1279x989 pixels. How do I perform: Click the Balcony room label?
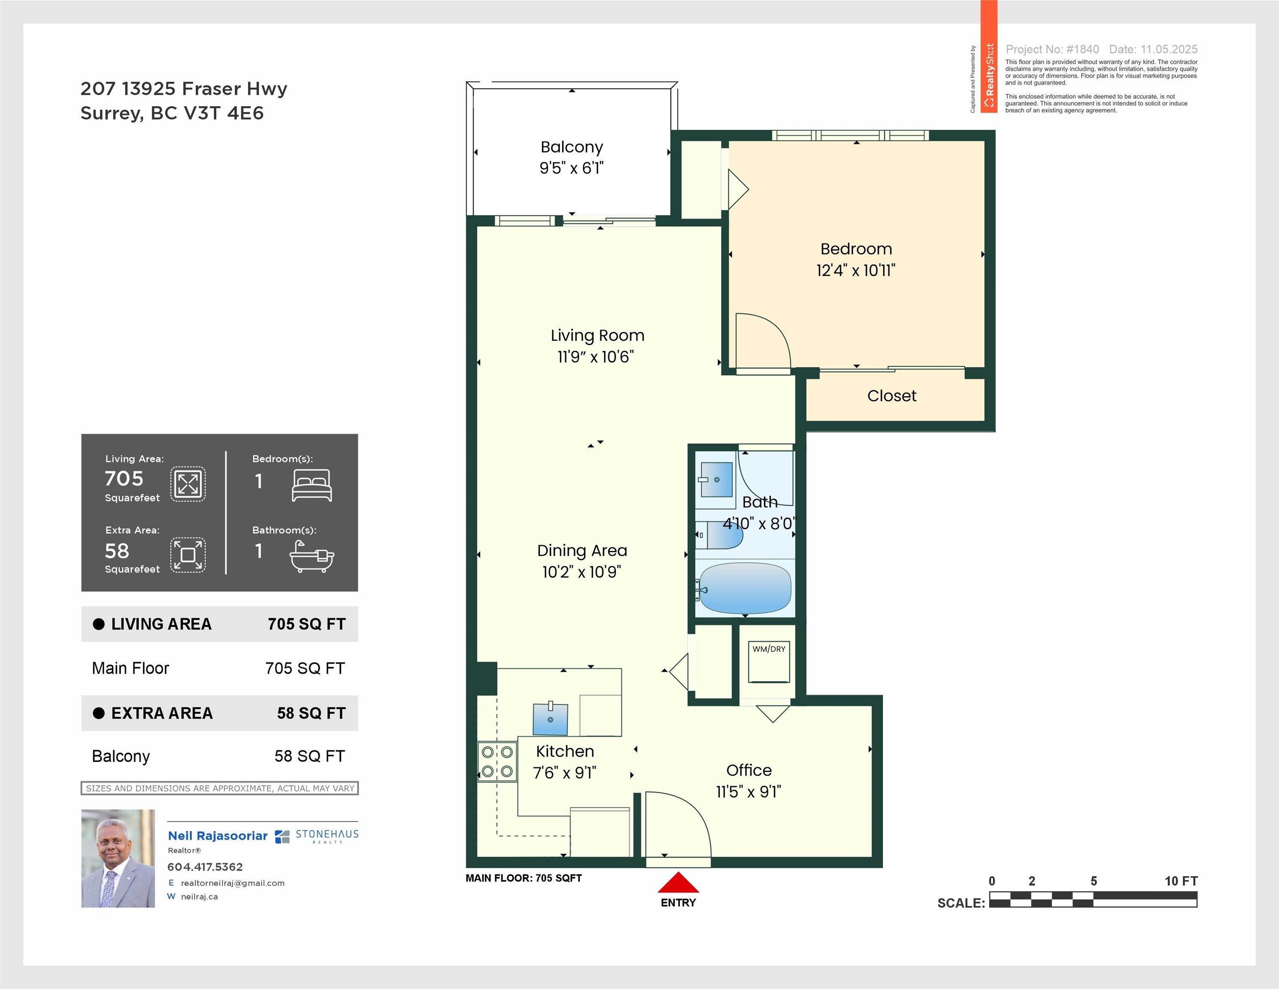click(x=572, y=147)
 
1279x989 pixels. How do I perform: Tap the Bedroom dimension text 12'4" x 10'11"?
click(x=856, y=270)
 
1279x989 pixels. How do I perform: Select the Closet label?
click(x=892, y=396)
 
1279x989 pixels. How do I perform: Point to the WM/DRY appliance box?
click(x=769, y=661)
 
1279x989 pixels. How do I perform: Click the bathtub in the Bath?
click(x=746, y=588)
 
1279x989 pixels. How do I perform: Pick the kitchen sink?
click(x=551, y=719)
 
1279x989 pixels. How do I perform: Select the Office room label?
click(x=749, y=770)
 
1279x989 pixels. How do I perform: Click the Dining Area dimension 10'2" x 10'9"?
click(x=582, y=571)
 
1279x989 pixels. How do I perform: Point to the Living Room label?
click(x=597, y=336)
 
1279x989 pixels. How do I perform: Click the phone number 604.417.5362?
click(x=205, y=867)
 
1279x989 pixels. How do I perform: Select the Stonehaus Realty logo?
click(x=316, y=836)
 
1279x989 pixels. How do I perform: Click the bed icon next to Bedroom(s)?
click(x=312, y=485)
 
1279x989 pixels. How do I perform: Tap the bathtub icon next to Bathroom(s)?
click(x=312, y=556)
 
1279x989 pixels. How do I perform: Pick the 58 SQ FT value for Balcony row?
click(x=310, y=756)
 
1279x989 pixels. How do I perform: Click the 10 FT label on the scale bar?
click(x=1181, y=881)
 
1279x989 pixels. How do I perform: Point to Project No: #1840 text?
click(x=1052, y=49)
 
